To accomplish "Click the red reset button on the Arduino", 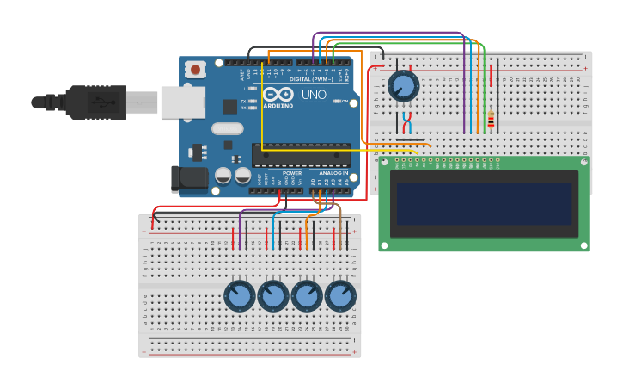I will click(196, 70).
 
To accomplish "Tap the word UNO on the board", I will click(315, 95).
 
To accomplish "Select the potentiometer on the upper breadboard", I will click(403, 86).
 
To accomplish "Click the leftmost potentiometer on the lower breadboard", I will click(240, 296).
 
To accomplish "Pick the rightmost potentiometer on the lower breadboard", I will click(340, 296).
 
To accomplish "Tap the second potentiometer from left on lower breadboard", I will click(273, 296).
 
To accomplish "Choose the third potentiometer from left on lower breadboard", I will click(307, 296).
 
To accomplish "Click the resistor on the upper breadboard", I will click(491, 120).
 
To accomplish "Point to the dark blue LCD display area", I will click(484, 203).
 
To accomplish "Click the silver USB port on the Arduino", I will click(182, 102).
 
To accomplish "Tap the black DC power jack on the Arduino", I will click(188, 178).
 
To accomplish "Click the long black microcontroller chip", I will click(301, 155).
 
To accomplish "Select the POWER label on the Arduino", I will click(292, 173).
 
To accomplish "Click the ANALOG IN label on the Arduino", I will click(334, 173).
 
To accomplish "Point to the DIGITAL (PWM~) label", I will click(312, 79).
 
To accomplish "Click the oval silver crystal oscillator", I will click(228, 129).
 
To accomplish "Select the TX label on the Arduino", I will click(244, 102).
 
